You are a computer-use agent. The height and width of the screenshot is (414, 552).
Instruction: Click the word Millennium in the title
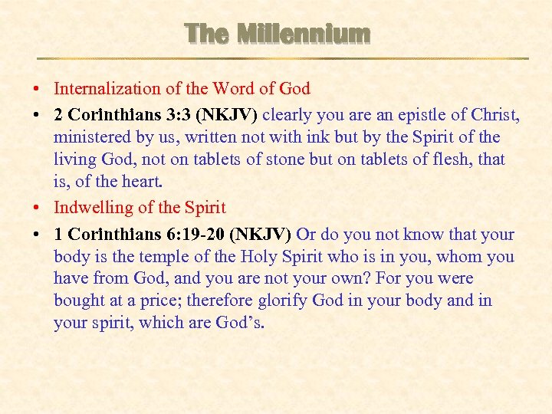tap(304, 34)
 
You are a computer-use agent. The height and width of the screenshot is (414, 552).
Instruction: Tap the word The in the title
tap(205, 34)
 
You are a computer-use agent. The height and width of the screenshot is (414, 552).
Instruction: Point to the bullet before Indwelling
tap(38, 208)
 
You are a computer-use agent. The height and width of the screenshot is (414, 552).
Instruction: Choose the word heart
tap(141, 182)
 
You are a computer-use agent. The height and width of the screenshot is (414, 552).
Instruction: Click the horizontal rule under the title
tap(283, 58)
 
